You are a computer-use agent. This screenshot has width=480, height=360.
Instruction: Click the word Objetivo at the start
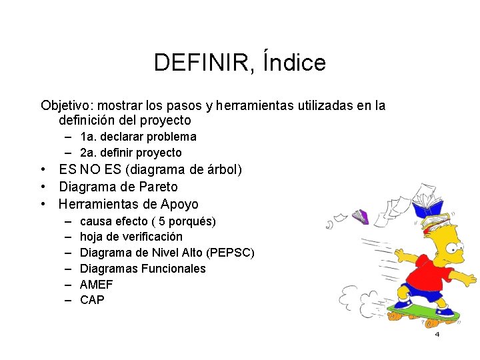(x=65, y=105)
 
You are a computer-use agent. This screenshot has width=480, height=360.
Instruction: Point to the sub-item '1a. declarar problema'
(x=138, y=137)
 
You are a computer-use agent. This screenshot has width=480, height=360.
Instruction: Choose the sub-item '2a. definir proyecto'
(x=131, y=153)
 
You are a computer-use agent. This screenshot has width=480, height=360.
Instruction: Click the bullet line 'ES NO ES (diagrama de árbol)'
(x=150, y=170)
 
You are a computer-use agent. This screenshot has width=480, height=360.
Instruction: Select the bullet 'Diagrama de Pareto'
(x=118, y=187)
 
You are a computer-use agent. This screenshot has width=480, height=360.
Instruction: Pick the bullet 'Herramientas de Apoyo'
(x=129, y=204)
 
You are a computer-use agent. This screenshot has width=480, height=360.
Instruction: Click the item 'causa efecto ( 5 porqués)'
(x=147, y=221)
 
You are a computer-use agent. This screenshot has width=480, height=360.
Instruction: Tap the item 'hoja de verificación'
(x=131, y=237)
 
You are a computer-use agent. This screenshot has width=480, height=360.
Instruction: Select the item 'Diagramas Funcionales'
(x=143, y=269)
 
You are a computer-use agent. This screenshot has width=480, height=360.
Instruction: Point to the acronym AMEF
(x=97, y=285)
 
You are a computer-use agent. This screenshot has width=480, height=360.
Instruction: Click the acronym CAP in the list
(x=92, y=300)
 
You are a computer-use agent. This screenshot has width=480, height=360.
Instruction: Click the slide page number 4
(x=437, y=334)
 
